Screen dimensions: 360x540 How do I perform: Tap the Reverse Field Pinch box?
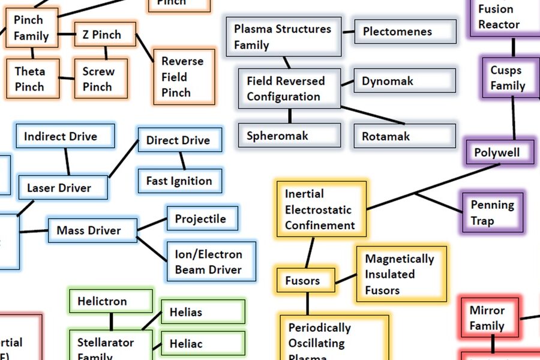click(184, 77)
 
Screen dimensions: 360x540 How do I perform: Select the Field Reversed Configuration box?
click(289, 89)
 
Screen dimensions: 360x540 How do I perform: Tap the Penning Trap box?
click(492, 212)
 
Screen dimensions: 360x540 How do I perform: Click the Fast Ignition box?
click(179, 181)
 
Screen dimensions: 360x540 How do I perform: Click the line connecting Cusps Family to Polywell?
click(514, 119)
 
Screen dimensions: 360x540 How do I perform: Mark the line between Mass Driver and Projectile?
click(152, 224)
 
